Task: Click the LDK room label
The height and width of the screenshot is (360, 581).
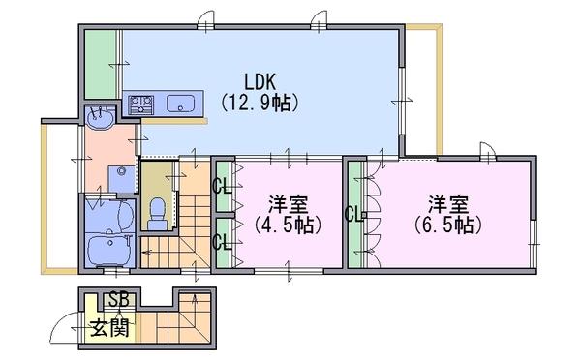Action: [260, 81]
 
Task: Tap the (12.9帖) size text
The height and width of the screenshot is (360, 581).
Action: [260, 103]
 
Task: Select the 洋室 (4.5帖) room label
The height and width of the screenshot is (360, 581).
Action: [288, 215]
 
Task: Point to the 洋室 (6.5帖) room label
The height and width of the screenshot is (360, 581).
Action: [448, 215]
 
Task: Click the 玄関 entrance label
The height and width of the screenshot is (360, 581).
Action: [109, 327]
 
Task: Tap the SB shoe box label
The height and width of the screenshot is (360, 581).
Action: [120, 300]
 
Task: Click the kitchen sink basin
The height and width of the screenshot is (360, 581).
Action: [180, 104]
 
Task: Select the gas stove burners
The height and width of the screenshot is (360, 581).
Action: [140, 105]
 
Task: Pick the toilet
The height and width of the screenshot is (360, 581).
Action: [158, 214]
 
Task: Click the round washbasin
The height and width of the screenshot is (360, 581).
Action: [100, 118]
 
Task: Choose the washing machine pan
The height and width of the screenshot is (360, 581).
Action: [121, 179]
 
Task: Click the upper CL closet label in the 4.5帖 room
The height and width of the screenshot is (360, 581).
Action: [222, 187]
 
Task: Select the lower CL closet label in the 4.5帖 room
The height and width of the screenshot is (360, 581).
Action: [222, 243]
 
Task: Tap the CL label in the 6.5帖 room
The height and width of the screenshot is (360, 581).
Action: [353, 214]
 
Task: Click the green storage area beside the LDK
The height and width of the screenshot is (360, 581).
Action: [101, 64]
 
